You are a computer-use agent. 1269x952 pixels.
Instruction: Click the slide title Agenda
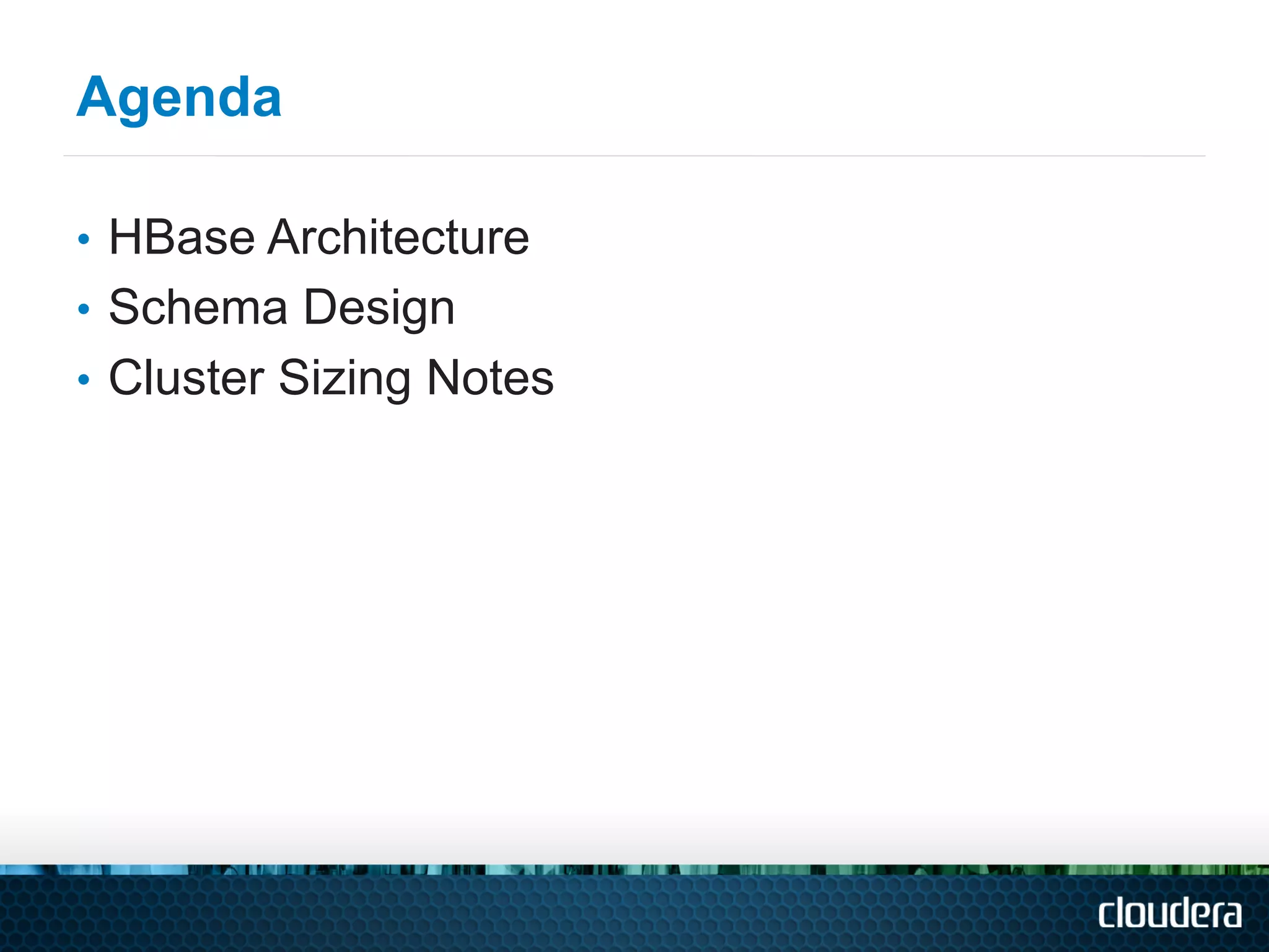[178, 98]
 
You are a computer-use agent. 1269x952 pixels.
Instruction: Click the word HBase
[182, 237]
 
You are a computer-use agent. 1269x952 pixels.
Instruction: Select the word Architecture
[398, 237]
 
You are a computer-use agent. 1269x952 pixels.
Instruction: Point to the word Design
[379, 309]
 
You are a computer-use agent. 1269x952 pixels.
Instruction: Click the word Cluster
[187, 377]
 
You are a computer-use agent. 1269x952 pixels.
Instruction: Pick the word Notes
[490, 377]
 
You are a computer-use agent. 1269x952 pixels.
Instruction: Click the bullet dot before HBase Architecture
[84, 239]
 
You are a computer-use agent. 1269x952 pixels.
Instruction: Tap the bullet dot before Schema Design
[84, 309]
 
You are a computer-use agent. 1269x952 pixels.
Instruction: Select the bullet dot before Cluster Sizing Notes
[84, 379]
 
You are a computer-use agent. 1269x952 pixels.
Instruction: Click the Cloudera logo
[1170, 914]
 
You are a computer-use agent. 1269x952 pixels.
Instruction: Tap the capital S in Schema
[124, 307]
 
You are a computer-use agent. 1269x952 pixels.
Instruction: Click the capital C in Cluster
[126, 377]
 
